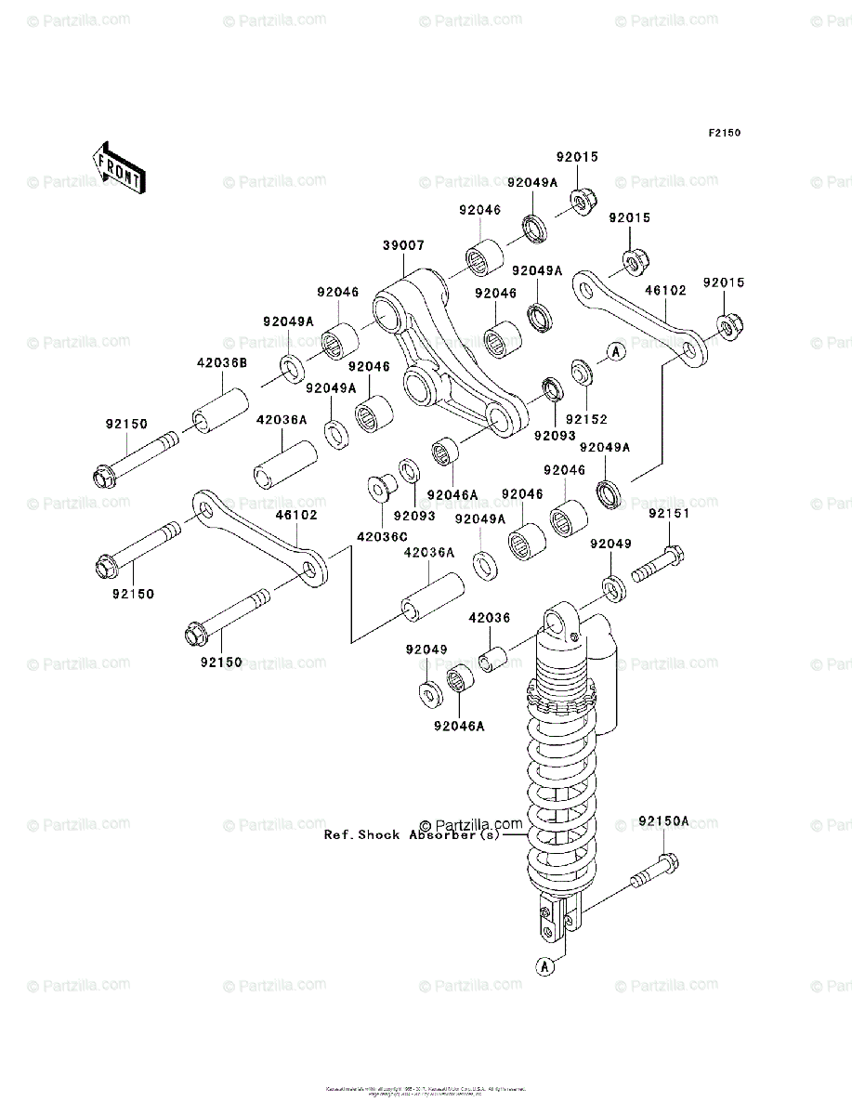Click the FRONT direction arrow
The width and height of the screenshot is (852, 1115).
pos(117,167)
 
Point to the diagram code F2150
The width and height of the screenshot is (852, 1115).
pos(725,133)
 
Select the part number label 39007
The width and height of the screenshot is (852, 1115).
pos(403,245)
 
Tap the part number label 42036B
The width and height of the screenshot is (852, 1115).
pos(221,363)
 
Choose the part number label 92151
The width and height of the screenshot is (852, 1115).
pos(669,514)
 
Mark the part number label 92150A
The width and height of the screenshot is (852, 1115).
pos(664,822)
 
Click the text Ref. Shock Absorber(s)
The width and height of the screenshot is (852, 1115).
pos(412,834)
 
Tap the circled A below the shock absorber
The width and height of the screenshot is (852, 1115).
pos(545,966)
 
